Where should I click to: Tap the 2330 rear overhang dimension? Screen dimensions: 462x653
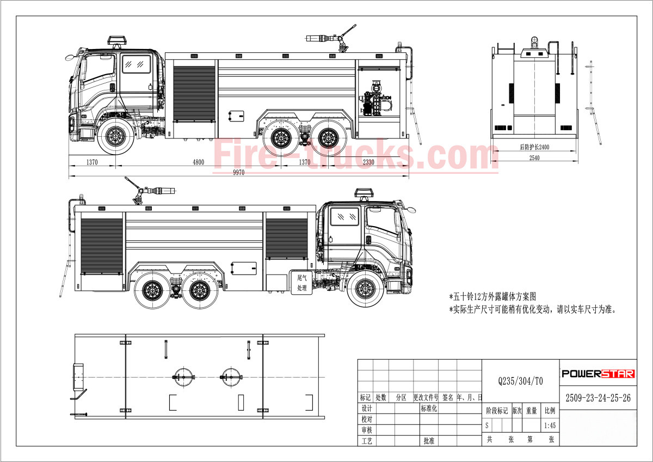(368, 162)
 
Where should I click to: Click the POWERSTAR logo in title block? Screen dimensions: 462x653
(597, 374)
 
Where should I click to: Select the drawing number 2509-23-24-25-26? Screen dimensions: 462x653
(597, 398)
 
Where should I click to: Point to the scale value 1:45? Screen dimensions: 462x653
(550, 425)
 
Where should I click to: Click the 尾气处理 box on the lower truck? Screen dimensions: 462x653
(302, 282)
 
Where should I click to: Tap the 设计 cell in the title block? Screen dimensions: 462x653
(366, 409)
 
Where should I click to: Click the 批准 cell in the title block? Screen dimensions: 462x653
(428, 441)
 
